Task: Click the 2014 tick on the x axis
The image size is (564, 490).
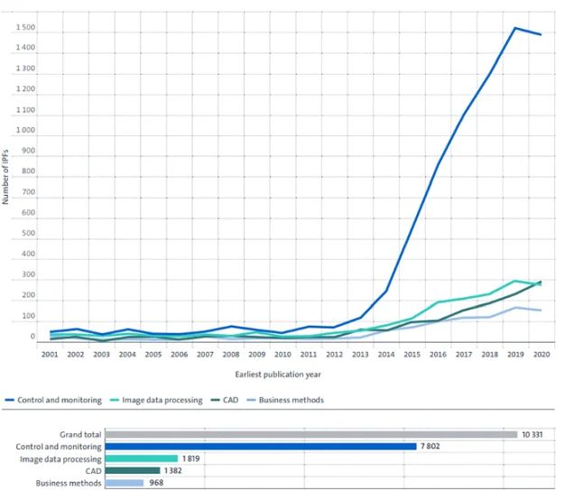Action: [x=386, y=356]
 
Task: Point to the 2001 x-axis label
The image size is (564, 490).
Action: [x=50, y=356]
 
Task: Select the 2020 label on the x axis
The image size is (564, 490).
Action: [x=542, y=356]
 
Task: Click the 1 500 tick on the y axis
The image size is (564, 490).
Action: [x=25, y=29]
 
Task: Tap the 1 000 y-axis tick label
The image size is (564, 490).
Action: [x=25, y=132]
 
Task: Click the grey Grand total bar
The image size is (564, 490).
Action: [x=310, y=434]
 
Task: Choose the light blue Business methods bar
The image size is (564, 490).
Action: [x=124, y=483]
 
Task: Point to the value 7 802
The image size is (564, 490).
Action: [x=430, y=446]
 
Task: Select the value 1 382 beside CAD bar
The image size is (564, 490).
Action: [x=174, y=470]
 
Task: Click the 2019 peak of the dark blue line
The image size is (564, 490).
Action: [x=515, y=28]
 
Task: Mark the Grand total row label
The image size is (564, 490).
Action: [x=81, y=434]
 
